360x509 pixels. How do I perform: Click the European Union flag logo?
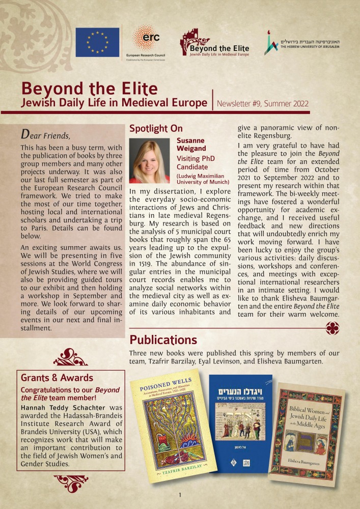(97, 42)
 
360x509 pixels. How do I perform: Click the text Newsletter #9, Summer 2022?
(263, 104)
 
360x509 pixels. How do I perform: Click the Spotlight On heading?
(156, 129)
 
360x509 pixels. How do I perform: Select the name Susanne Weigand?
(191, 144)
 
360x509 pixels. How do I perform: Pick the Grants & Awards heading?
(57, 378)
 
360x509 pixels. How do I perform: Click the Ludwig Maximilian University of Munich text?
(203, 179)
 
